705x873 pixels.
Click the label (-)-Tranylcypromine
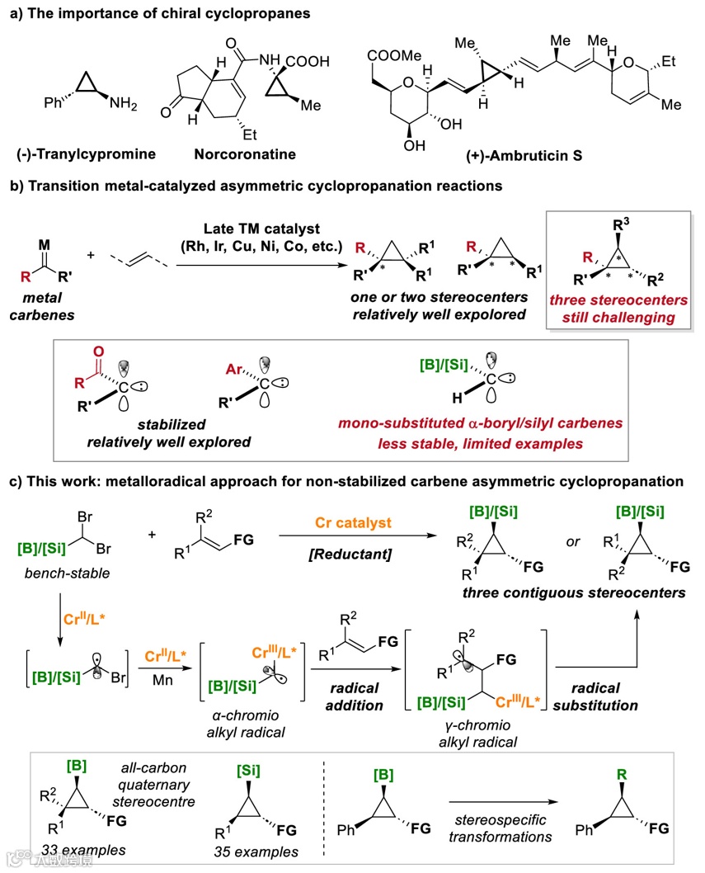pos(78,153)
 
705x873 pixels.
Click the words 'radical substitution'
pos(606,696)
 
